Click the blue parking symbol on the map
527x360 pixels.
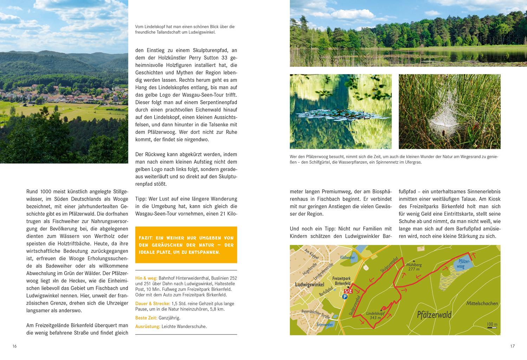345,296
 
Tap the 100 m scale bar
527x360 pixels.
492,326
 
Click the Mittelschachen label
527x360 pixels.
482,303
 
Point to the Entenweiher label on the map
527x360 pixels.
324,325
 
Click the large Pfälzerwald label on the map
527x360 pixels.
434,314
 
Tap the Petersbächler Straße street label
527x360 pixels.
315,314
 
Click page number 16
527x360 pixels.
14,346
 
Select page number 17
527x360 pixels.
512,346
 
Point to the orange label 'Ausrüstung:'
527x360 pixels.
148,326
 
